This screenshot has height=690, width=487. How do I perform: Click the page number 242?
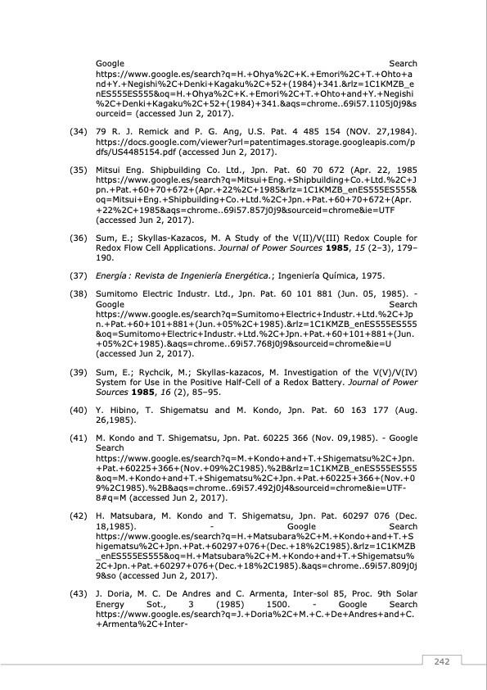[442, 662]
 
